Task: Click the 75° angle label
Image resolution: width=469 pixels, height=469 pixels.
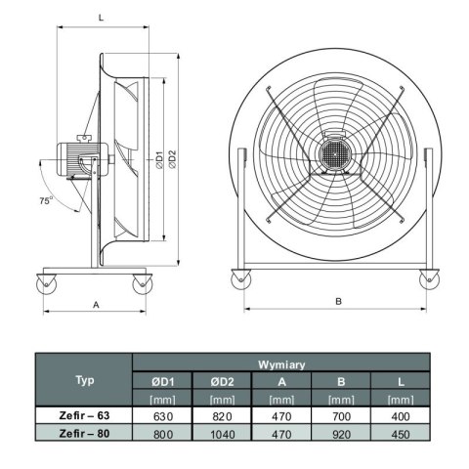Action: click(x=45, y=200)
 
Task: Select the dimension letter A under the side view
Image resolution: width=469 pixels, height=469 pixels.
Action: click(x=96, y=304)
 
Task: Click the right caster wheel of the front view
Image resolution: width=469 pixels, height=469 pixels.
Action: click(x=428, y=279)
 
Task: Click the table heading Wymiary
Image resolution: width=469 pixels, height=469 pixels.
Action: click(x=280, y=363)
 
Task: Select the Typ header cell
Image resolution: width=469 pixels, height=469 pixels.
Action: click(x=85, y=380)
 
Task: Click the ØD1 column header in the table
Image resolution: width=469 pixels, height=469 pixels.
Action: click(x=162, y=381)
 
